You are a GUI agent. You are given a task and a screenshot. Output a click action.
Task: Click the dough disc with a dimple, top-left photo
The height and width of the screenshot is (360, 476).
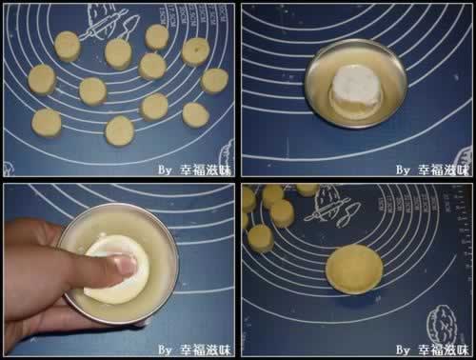pos(196,51)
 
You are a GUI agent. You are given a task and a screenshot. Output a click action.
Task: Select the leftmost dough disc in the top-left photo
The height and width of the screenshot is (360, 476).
pos(42,80)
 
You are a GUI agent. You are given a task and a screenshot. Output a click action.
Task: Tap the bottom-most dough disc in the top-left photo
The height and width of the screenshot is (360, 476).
pos(120,130)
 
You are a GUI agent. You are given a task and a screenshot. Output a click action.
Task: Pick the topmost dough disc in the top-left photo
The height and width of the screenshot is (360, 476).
pos(157,37)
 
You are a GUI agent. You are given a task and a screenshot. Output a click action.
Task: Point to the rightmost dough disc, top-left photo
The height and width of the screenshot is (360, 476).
pos(215,81)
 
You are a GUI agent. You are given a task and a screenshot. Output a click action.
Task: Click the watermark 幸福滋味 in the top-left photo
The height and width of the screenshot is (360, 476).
pos(206,170)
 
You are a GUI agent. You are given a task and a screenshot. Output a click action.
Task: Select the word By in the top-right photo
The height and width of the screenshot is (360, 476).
pos(404,170)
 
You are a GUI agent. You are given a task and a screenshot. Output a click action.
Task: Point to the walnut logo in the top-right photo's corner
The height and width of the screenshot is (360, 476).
pos(464,160)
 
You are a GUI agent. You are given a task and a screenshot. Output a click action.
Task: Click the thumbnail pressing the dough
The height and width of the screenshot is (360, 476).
pos(127,265)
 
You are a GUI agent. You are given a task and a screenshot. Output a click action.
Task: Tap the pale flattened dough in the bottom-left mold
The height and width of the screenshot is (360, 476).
pos(117,270)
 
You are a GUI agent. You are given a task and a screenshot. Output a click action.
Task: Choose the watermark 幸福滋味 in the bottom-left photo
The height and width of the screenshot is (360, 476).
pos(206,350)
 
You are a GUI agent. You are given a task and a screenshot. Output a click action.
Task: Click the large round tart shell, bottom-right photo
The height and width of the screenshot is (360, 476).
pos(354,270)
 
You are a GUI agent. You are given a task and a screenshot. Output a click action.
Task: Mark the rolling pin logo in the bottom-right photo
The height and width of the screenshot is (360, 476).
pos(332,207)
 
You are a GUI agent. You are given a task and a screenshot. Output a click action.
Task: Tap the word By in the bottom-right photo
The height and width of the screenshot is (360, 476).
pos(404,350)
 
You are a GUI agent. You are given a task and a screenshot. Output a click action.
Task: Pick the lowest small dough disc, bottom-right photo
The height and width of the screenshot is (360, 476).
pos(261,238)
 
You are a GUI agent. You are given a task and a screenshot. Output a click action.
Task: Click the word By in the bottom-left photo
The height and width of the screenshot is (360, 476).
pos(166,350)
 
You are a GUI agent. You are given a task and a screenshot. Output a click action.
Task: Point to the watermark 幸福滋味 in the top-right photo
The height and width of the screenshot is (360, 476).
pos(444,170)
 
